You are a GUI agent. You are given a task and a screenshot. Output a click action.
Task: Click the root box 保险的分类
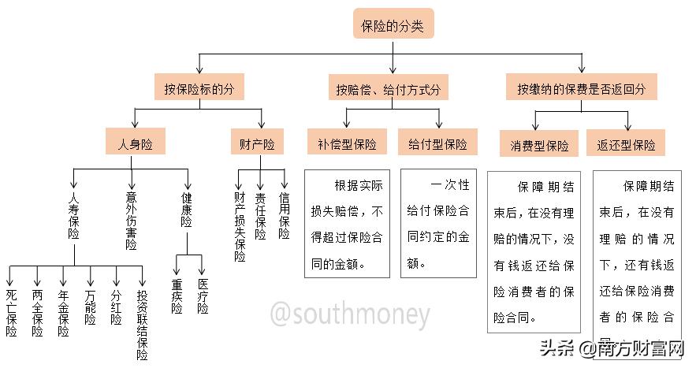(393, 25)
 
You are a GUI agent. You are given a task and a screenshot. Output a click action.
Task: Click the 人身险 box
(135, 144)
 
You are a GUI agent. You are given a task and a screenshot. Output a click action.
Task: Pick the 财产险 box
(258, 144)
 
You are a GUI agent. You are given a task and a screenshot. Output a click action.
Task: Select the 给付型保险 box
(437, 145)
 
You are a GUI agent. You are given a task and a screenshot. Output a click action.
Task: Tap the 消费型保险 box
(535, 146)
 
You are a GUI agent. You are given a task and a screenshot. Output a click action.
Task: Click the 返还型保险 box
(627, 146)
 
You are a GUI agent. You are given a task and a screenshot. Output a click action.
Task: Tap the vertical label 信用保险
(284, 215)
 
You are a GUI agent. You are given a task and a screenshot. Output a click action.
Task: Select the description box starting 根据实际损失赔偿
(348, 224)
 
